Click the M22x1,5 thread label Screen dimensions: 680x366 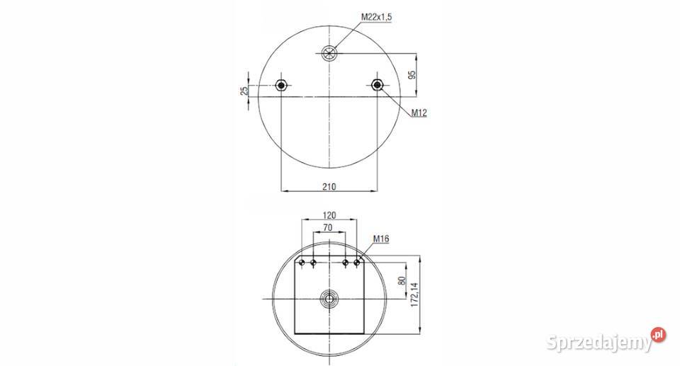point(376,17)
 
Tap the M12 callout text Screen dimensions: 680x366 point(419,113)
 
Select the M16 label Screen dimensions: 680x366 point(381,239)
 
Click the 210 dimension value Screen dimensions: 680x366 point(329,187)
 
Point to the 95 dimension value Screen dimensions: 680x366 point(412,74)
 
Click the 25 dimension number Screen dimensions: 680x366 point(244,90)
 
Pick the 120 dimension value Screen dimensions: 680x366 point(329,215)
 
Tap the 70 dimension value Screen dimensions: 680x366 point(328,227)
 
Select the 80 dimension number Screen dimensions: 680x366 point(402,280)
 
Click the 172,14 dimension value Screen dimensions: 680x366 point(414,295)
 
